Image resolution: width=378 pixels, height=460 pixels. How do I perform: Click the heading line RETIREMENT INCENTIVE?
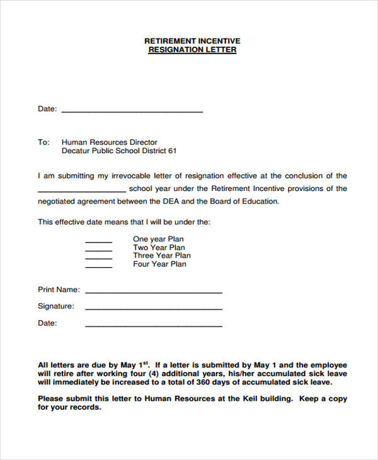point(192,41)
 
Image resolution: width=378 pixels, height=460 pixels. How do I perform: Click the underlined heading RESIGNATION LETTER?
point(192,50)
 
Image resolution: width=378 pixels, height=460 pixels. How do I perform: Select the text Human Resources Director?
point(110,142)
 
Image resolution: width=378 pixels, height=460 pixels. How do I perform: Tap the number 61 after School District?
point(172,151)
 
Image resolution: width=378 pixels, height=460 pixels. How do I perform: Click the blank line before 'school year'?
point(81,190)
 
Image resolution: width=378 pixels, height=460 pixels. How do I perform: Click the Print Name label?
point(59,290)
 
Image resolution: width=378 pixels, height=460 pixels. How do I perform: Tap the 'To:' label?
point(43,142)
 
